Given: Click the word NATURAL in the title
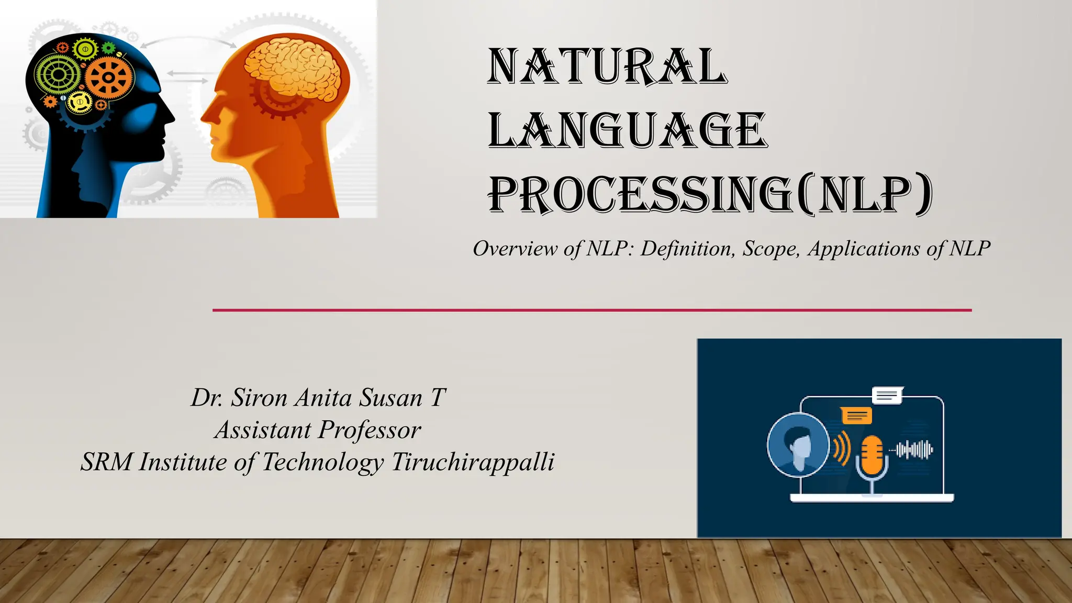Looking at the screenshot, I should (x=607, y=66).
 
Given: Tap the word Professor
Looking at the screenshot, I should (x=370, y=430).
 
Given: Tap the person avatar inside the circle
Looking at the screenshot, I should (x=799, y=446).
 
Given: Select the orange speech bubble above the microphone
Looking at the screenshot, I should (x=856, y=416).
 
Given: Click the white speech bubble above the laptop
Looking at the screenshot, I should (x=887, y=396).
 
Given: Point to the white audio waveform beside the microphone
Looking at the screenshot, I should (x=914, y=450).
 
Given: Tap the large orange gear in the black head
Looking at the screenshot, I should (x=109, y=77).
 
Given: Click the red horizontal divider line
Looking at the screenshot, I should (x=591, y=310).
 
